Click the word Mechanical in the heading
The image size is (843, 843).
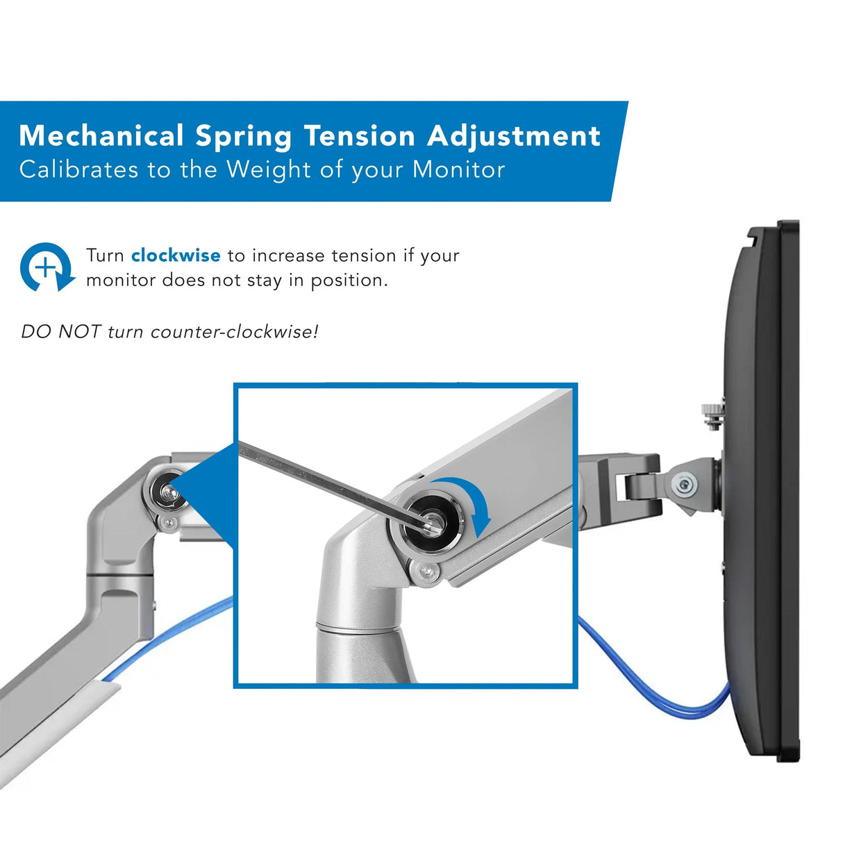(x=101, y=136)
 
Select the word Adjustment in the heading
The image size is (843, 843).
(x=514, y=136)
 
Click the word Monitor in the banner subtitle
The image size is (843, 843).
(x=458, y=170)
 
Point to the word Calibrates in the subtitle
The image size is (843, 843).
(x=78, y=170)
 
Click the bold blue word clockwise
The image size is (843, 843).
(x=176, y=256)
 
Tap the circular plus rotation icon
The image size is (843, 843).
(x=47, y=267)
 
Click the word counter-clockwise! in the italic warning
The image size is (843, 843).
(x=234, y=332)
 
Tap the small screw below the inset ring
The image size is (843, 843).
(x=425, y=571)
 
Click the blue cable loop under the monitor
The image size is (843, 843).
(x=667, y=701)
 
